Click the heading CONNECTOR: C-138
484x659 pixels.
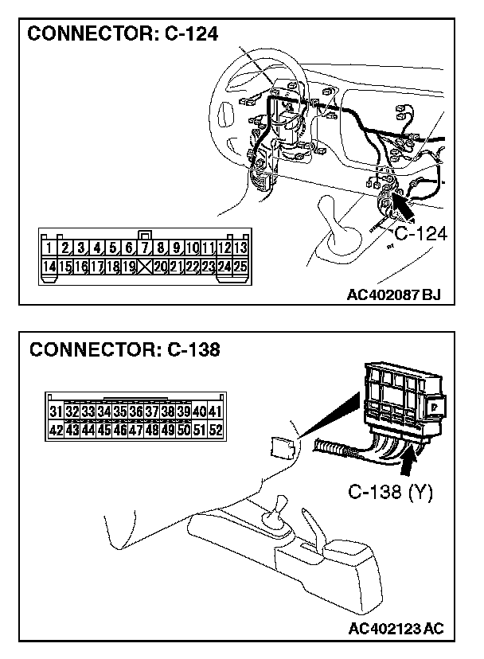tap(123, 349)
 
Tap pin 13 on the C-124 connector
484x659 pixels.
tap(240, 248)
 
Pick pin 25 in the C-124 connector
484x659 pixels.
tap(240, 267)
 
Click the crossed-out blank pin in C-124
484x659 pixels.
tap(145, 267)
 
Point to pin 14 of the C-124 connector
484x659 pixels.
tap(49, 267)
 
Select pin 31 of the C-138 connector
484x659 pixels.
tap(56, 411)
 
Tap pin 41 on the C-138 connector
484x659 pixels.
tap(215, 411)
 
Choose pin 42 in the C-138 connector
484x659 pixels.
tap(56, 430)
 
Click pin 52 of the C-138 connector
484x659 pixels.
tap(215, 430)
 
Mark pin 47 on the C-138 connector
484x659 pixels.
tap(135, 430)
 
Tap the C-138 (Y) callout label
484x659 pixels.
tap(390, 493)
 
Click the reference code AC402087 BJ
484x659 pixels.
tap(393, 295)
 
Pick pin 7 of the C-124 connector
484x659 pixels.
tap(145, 248)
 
